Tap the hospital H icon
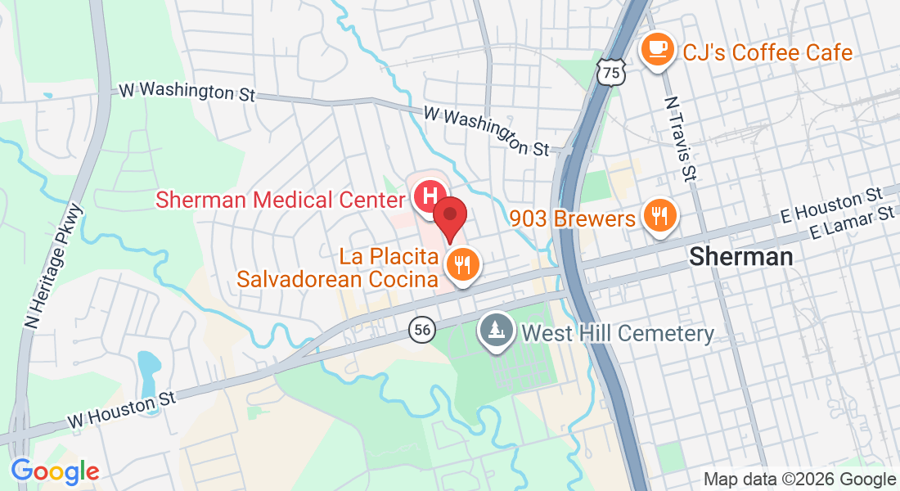pyautogui.click(x=427, y=197)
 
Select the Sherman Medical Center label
pyautogui.click(x=280, y=199)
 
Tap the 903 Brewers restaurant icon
pyautogui.click(x=659, y=216)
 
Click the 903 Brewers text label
pyautogui.click(x=573, y=218)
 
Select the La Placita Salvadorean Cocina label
pyautogui.click(x=337, y=268)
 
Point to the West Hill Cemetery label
pyautogui.click(x=618, y=333)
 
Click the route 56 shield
pyautogui.click(x=421, y=329)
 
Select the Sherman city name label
pyautogui.click(x=740, y=256)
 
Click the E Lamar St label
pyautogui.click(x=852, y=223)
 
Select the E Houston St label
pyautogui.click(x=830, y=205)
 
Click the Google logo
pyautogui.click(x=55, y=471)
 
